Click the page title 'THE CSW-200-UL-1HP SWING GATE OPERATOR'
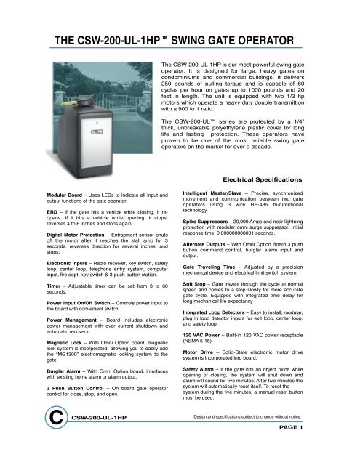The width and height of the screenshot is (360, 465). point(168,40)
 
